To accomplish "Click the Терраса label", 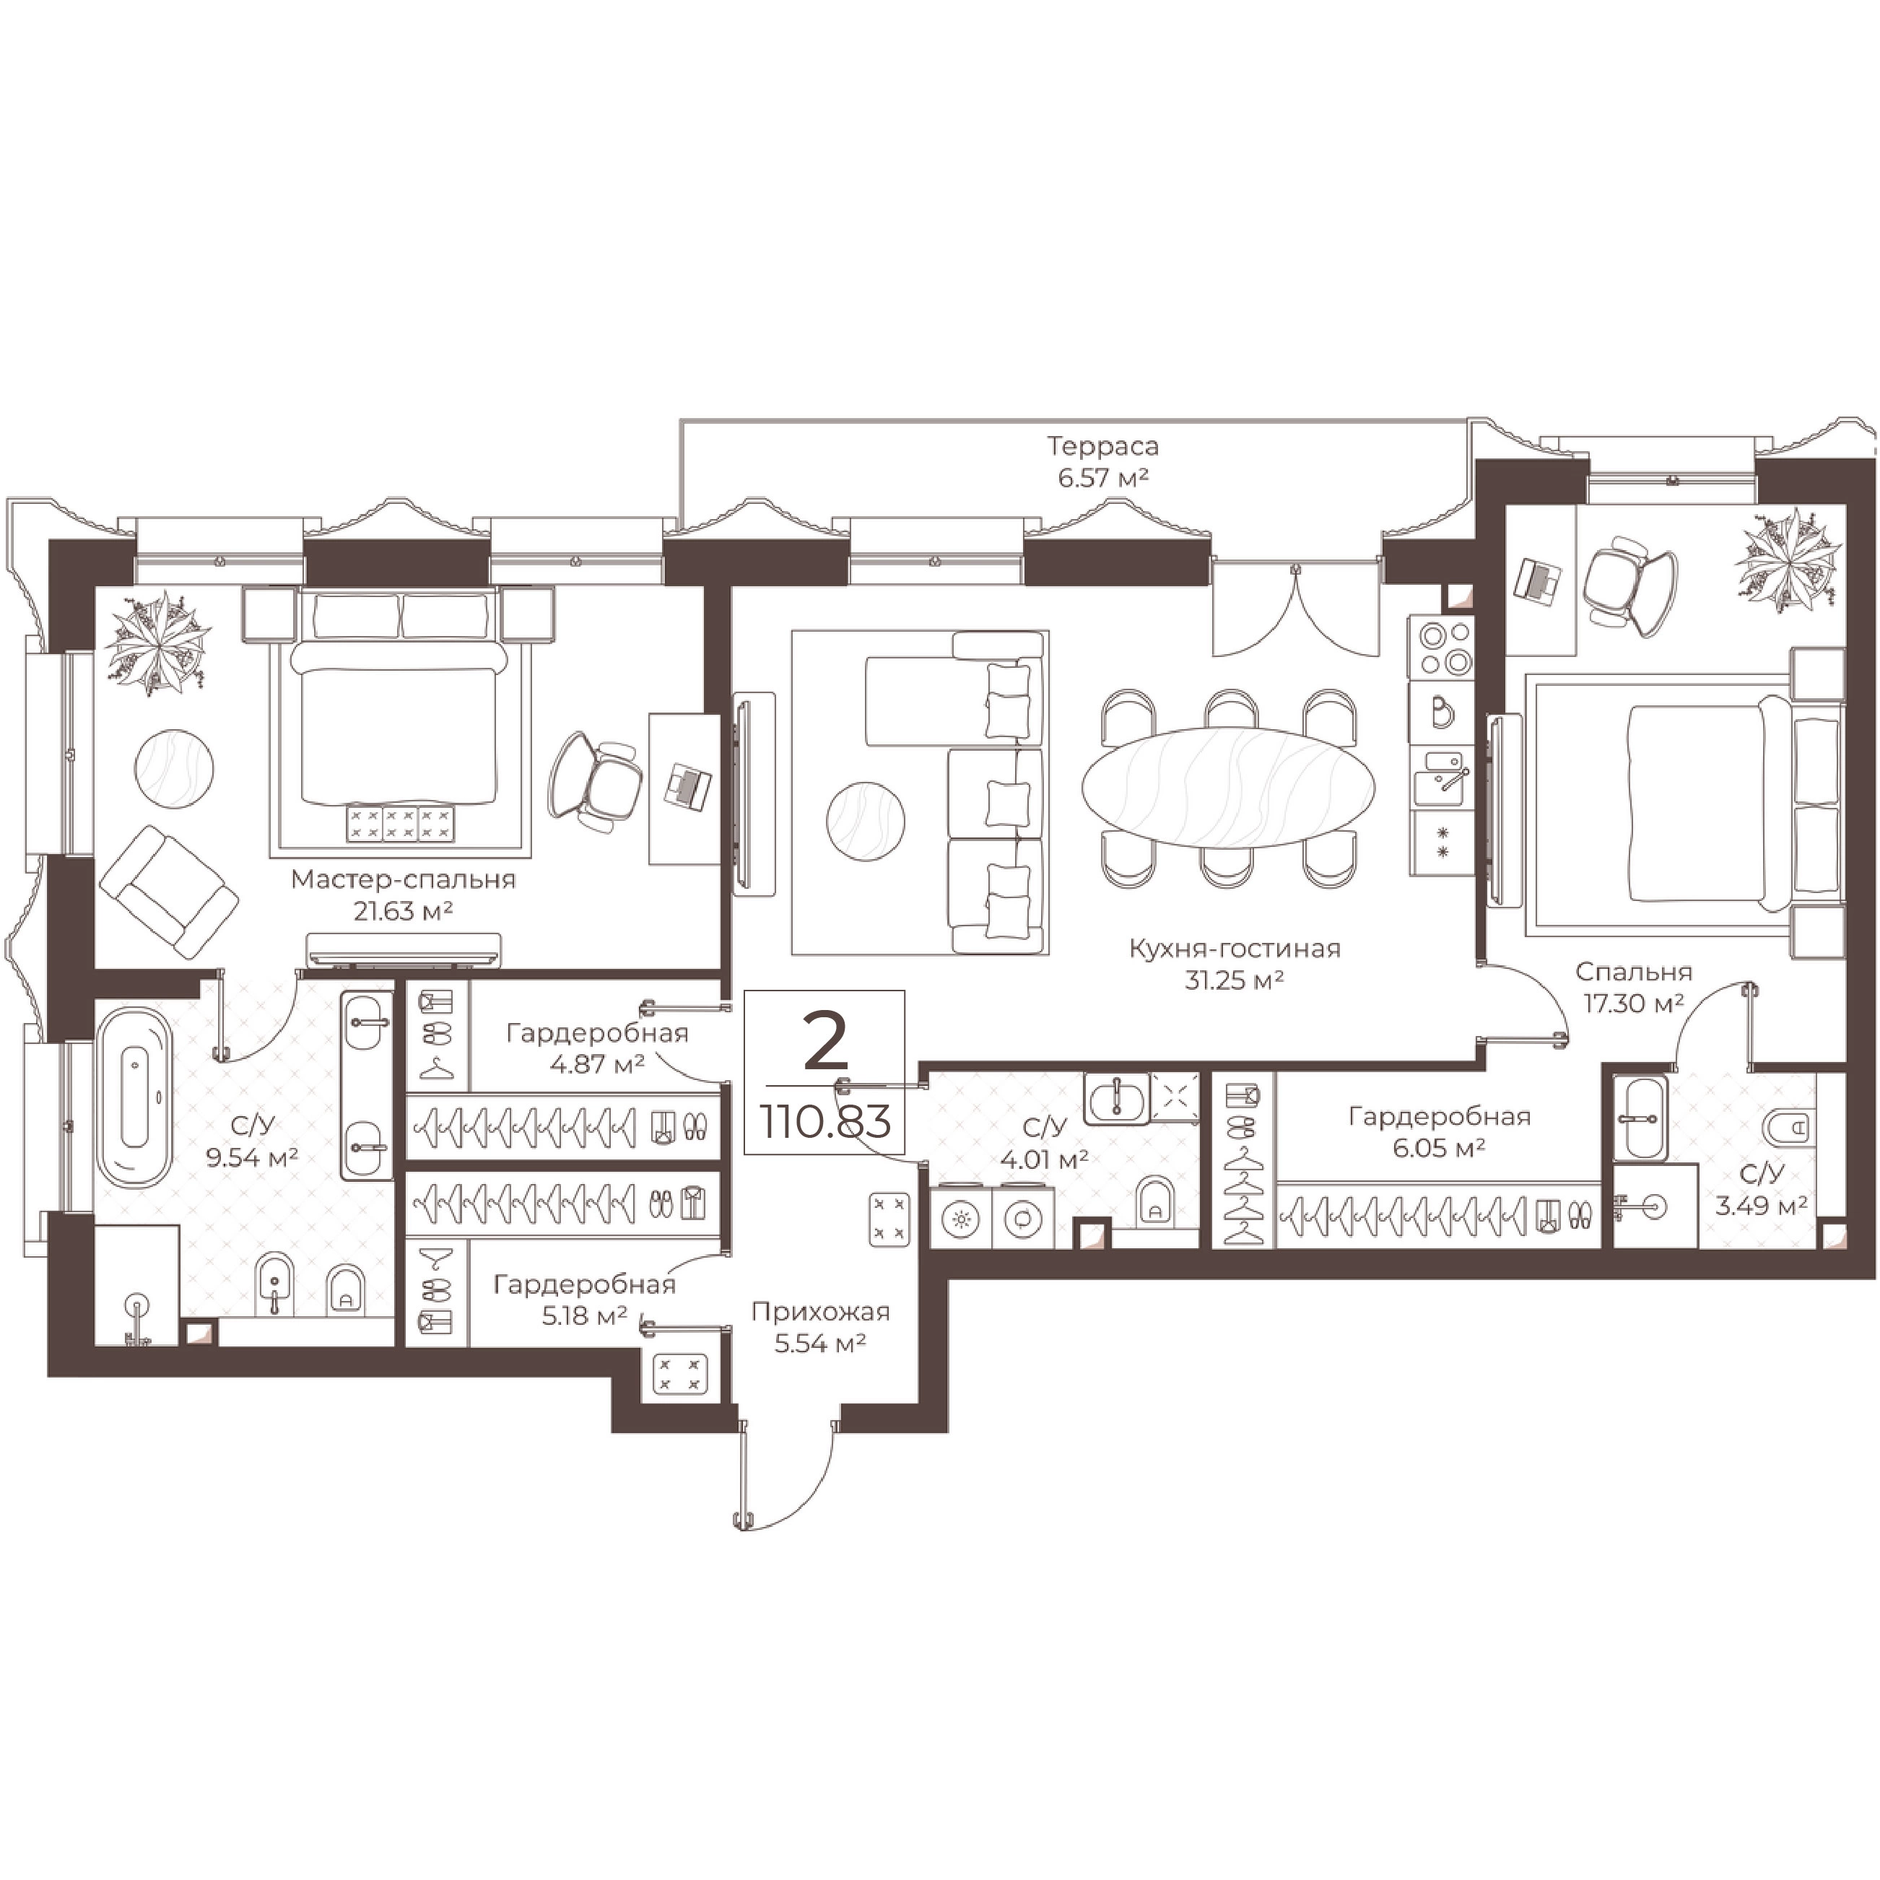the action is pos(1102,447).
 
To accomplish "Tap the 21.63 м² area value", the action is pos(404,911).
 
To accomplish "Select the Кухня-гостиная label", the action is pos(1234,948).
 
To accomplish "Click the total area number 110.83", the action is pos(826,1122).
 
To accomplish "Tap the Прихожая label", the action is pos(820,1312).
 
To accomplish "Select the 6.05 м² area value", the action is pos(1438,1148).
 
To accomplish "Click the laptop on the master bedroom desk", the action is pos(688,785).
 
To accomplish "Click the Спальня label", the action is pos(1634,971).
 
